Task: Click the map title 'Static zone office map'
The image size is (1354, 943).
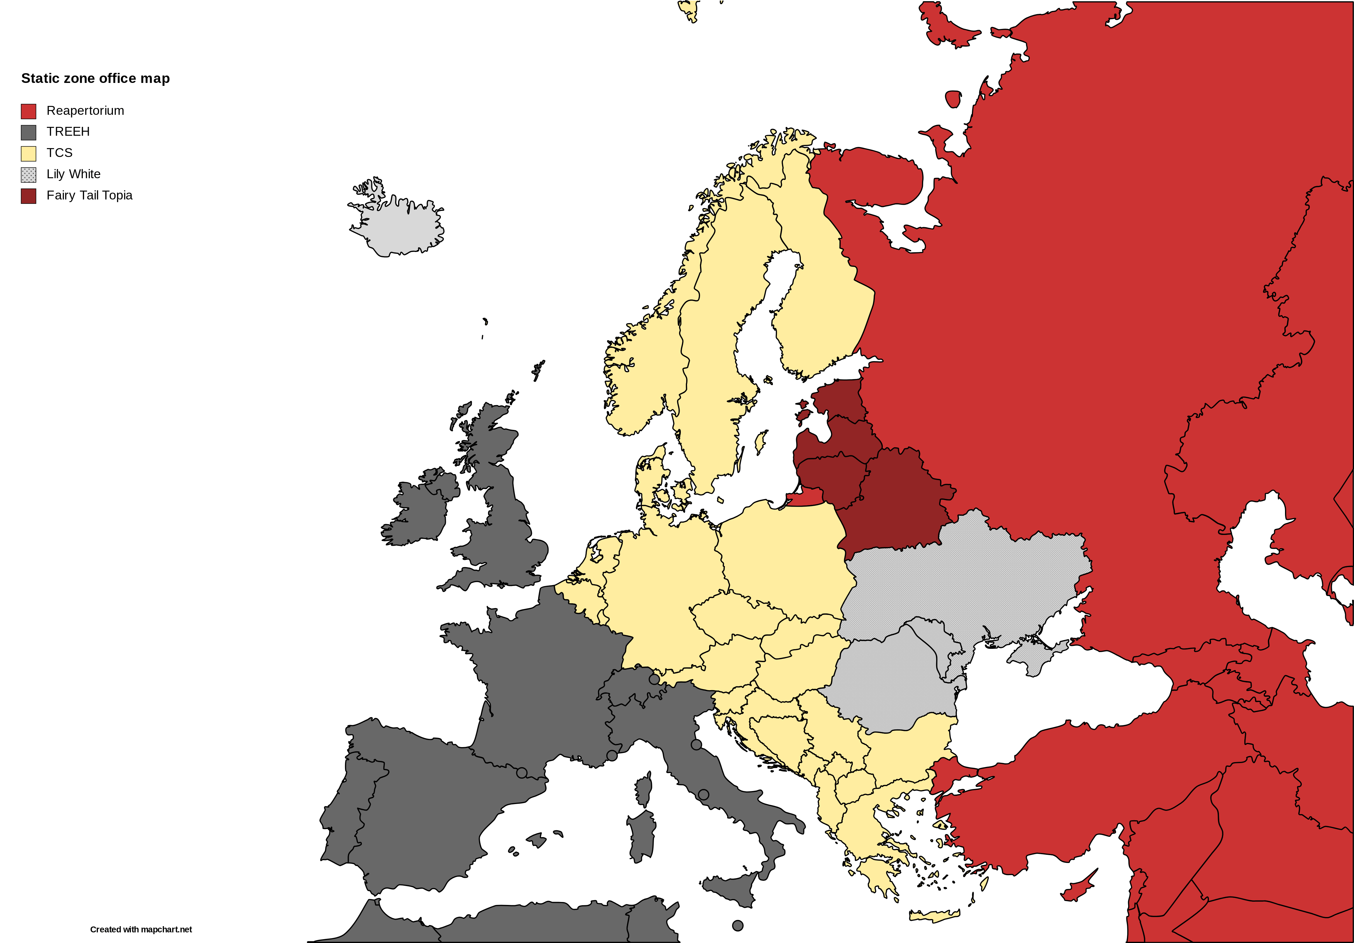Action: [96, 78]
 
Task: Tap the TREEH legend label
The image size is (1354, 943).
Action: [68, 132]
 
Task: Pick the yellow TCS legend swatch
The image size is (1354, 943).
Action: [28, 153]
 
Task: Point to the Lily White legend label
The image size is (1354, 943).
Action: [73, 174]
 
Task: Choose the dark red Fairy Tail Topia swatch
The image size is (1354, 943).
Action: [28, 196]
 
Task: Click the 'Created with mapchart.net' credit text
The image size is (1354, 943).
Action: [141, 929]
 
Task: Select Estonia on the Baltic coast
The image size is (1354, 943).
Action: [837, 398]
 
